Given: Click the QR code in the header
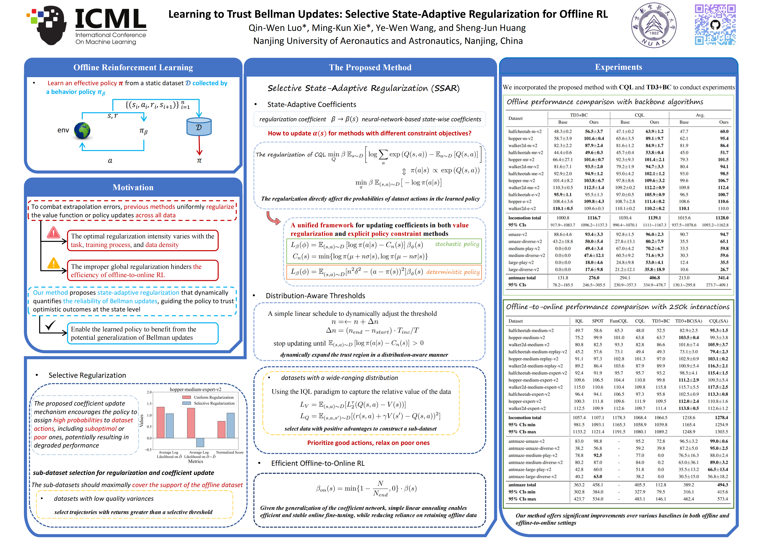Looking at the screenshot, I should [715, 25].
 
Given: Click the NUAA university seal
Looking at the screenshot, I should [654, 26].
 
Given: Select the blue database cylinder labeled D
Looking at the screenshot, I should [199, 127].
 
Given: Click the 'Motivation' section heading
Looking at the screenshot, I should [133, 188].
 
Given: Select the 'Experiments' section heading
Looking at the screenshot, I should [618, 67].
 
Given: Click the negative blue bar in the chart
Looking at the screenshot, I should [200, 442].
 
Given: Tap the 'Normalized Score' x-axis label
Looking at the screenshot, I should [230, 452].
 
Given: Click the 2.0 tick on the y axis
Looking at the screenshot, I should [149, 392].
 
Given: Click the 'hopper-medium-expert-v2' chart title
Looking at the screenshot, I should [195, 389].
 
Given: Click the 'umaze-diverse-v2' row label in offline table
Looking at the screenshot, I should [525, 241].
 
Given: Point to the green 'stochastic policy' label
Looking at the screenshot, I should [457, 244].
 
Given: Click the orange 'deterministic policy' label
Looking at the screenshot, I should [453, 272].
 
